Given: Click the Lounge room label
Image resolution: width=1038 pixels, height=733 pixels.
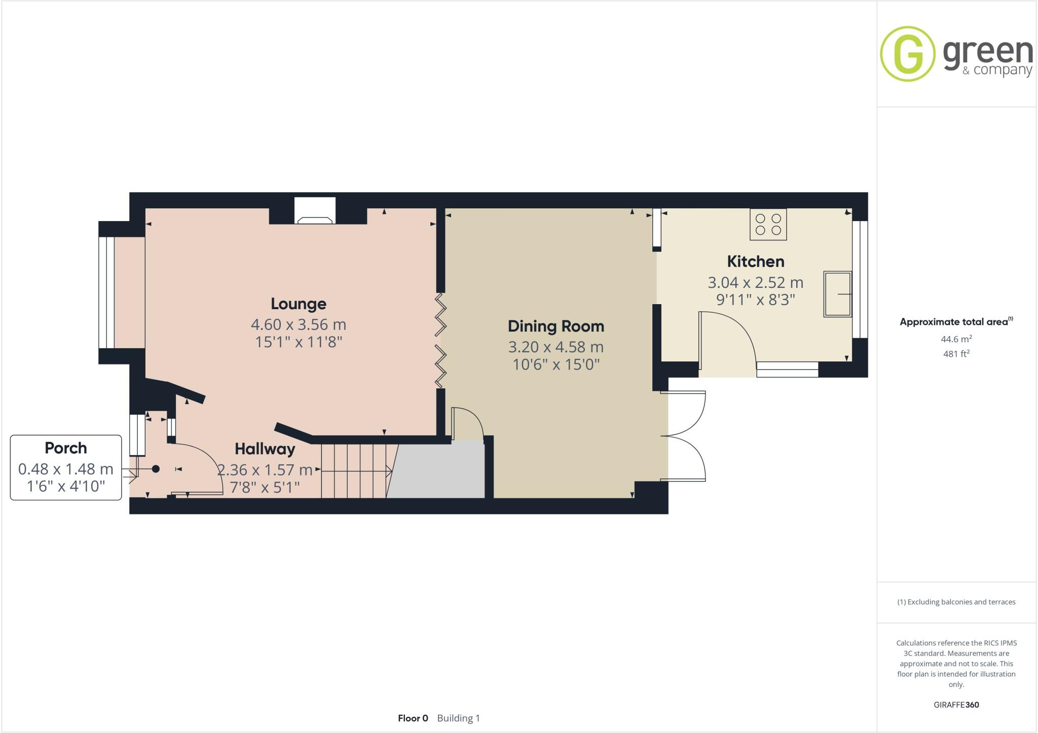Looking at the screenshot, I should [x=298, y=304].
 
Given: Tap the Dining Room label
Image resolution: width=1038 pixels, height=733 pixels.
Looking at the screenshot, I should [x=556, y=326].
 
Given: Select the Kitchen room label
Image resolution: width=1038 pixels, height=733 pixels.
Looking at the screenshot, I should [x=755, y=262].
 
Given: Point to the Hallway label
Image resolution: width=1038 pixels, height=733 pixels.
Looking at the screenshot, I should [x=265, y=449].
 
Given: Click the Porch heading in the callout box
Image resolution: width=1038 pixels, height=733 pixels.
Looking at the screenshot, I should [x=66, y=448].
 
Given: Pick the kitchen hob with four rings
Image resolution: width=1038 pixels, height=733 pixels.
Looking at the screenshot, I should [x=768, y=224].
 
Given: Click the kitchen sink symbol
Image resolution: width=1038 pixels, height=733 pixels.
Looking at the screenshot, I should [x=837, y=294].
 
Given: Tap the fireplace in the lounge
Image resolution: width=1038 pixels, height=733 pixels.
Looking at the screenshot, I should [x=315, y=212].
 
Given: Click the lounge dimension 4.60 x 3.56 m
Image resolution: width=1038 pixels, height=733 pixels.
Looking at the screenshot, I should [x=298, y=324].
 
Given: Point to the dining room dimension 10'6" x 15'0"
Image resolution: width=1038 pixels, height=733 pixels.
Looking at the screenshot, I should [x=556, y=364].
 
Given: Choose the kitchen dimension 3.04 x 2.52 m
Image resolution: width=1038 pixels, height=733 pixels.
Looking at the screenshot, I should [x=755, y=282].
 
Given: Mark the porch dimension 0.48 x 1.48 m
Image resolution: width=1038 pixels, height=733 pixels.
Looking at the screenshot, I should [x=66, y=469].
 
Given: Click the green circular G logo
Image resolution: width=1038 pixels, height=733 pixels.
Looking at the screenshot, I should [x=907, y=54].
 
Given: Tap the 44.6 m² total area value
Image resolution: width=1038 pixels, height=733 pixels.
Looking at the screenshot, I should [x=956, y=339].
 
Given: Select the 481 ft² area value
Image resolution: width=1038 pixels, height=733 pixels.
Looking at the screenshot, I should [x=956, y=354].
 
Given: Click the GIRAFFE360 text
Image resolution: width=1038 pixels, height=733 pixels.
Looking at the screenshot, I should [x=956, y=705].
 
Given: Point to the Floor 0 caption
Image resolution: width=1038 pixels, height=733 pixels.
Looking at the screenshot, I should [x=413, y=718].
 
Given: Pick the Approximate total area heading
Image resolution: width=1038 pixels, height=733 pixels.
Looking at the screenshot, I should [x=956, y=322].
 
